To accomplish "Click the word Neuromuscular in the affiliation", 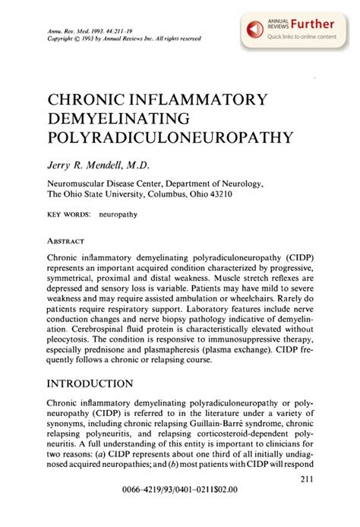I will tap(83, 183).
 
